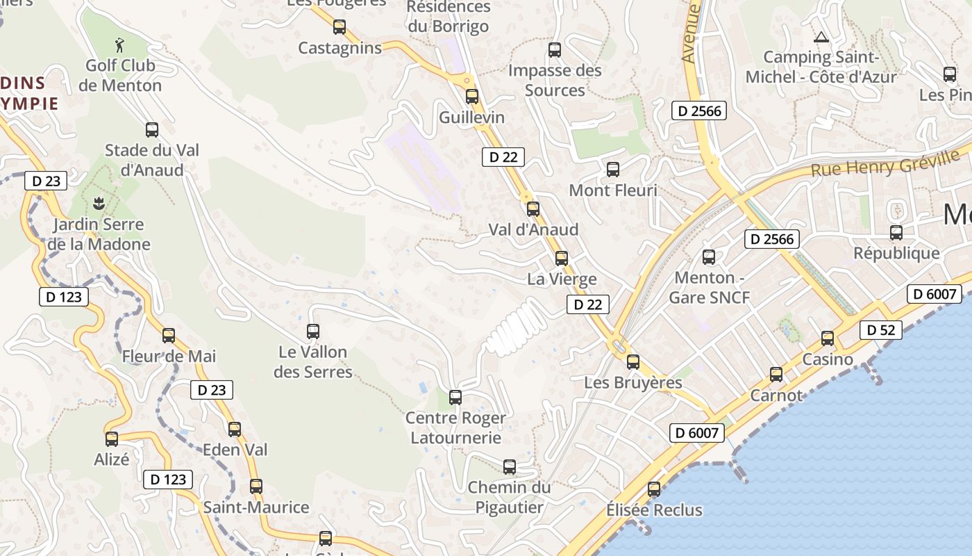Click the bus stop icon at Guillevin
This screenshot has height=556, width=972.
(x=472, y=97)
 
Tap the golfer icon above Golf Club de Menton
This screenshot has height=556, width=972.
(x=120, y=46)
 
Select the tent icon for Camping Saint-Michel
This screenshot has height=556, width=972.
(x=821, y=37)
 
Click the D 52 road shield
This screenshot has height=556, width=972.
(x=881, y=330)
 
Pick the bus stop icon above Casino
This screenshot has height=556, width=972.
(x=828, y=338)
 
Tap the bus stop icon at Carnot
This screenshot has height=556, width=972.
(x=776, y=375)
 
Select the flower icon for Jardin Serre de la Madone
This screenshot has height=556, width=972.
(x=99, y=204)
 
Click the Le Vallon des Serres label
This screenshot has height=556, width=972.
(x=312, y=361)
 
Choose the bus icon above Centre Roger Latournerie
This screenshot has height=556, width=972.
(x=455, y=398)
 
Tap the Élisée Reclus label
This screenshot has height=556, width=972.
(x=654, y=510)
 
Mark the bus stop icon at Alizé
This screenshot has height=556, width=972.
(x=112, y=439)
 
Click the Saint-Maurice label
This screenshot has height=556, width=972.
(x=256, y=507)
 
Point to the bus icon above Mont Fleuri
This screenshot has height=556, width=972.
(x=613, y=170)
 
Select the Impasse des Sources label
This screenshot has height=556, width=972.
(x=555, y=80)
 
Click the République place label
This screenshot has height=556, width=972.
(x=896, y=253)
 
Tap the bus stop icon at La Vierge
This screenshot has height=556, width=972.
(x=562, y=259)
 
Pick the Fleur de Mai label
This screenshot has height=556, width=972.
(x=169, y=357)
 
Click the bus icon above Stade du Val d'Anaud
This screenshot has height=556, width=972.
(x=152, y=130)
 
